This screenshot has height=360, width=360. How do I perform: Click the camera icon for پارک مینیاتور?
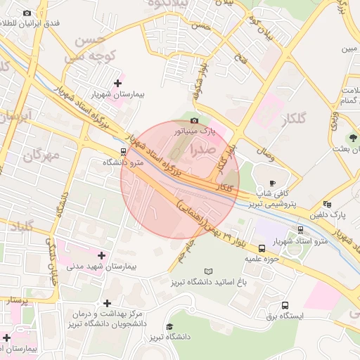tap(195, 121)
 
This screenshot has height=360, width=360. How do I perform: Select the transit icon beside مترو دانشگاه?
tap(124, 151)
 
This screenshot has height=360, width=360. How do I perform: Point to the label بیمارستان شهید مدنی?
tap(103, 266)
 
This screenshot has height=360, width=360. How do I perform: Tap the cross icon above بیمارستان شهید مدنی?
tap(103, 255)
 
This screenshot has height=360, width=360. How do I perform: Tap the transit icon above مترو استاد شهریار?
tap(300, 229)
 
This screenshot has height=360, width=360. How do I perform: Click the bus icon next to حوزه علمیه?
tap(262, 248)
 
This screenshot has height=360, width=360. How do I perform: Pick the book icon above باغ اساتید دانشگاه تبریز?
tap(207, 271)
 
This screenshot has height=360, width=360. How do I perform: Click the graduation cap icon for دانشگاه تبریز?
tap(169, 327)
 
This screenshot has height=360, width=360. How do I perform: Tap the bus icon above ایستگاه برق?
tap(285, 305)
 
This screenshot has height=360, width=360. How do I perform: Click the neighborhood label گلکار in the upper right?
tap(292, 120)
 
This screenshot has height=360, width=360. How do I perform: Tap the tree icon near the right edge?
tap(352, 139)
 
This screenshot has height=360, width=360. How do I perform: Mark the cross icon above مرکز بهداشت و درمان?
tap(107, 302)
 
